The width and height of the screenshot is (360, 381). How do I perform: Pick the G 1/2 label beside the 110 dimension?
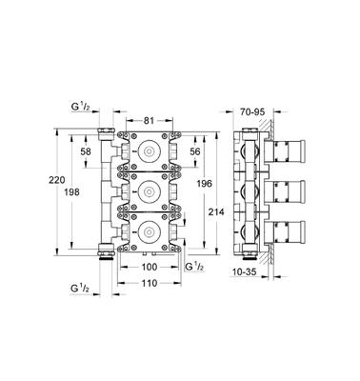click(x=83, y=284)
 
